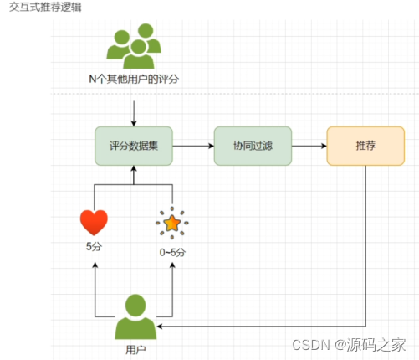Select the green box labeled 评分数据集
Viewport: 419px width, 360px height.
[x=134, y=146]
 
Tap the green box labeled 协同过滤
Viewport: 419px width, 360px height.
[x=252, y=146]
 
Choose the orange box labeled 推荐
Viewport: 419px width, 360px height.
[x=365, y=146]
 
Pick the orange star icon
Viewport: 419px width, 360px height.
[x=172, y=224]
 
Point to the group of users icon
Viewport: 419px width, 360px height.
[x=134, y=48]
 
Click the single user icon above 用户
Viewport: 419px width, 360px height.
[x=134, y=316]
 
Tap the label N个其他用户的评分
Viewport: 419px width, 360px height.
[x=134, y=79]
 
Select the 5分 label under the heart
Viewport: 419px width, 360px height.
[x=94, y=247]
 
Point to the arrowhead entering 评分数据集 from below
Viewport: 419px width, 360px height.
[x=134, y=170]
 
